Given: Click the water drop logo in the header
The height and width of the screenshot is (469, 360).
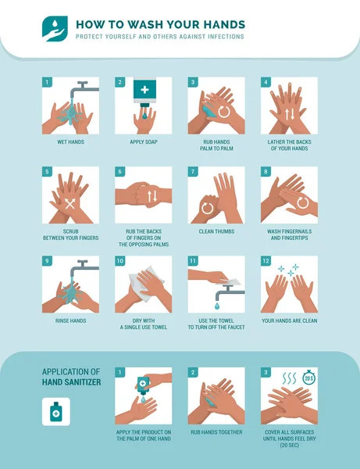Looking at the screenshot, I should pyautogui.click(x=55, y=29).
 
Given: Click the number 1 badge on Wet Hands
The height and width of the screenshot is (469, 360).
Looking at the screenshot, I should pyautogui.click(x=47, y=81).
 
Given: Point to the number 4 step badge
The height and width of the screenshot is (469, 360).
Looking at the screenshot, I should pyautogui.click(x=266, y=81).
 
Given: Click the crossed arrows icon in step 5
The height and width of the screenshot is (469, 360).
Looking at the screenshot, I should pyautogui.click(x=70, y=204).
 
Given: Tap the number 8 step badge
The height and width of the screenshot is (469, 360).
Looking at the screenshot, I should pyautogui.click(x=266, y=170).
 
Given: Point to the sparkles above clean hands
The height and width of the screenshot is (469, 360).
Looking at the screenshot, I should pyautogui.click(x=288, y=270).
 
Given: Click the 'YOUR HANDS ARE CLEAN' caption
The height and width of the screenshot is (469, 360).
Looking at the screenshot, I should pyautogui.click(x=289, y=320).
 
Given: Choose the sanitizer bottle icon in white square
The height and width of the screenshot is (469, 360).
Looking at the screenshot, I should pyautogui.click(x=55, y=411).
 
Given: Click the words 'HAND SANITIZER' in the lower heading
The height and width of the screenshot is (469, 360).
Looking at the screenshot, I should pyautogui.click(x=72, y=383).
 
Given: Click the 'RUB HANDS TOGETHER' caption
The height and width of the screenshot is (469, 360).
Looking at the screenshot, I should pyautogui.click(x=216, y=431).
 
